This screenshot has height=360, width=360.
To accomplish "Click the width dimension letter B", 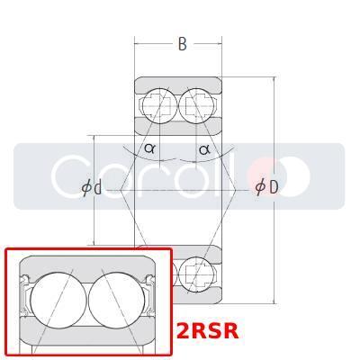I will click(x=182, y=44).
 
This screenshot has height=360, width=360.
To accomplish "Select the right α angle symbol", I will click(x=204, y=148).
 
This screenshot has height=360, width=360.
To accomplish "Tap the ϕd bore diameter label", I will click(x=91, y=187).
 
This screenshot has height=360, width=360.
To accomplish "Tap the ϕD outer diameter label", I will click(x=266, y=187).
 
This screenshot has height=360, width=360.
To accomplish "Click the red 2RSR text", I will click(x=208, y=331).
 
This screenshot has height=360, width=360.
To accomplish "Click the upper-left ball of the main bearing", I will click(x=158, y=105).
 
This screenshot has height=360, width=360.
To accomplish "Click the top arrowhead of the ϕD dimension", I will click(x=275, y=80).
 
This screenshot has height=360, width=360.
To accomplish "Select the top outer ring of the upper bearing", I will click(x=177, y=84).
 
